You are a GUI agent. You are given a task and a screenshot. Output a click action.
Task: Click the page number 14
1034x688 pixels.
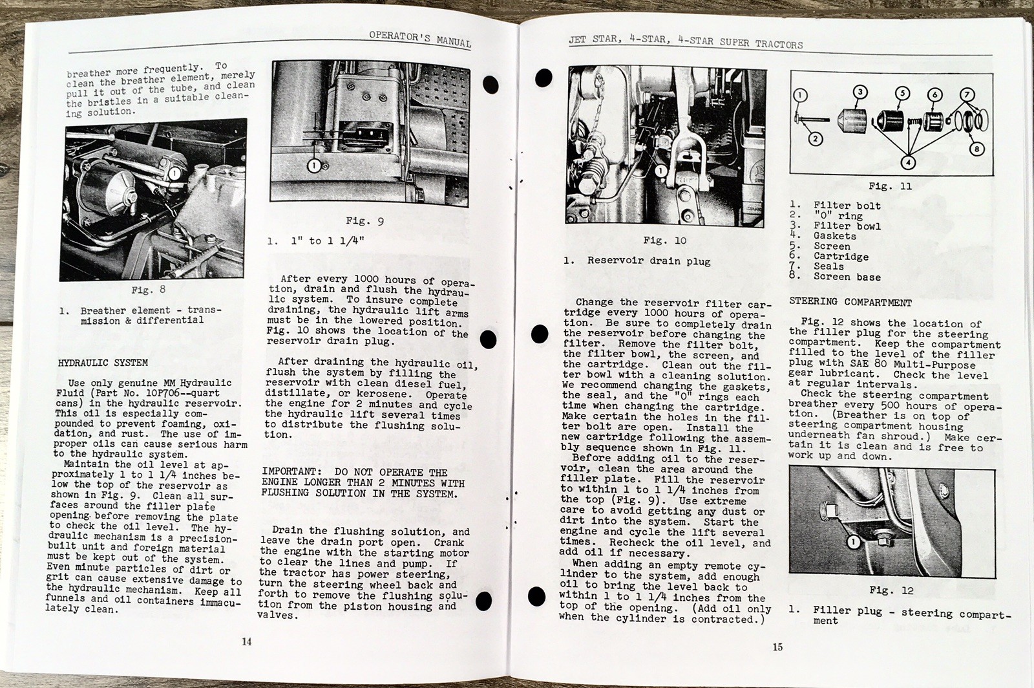[246, 642]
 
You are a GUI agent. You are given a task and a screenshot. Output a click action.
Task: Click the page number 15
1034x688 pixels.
[778, 647]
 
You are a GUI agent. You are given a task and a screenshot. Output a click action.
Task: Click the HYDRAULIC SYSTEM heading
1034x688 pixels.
[103, 363]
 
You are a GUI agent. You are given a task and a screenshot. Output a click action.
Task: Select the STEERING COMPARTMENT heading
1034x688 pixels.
[850, 302]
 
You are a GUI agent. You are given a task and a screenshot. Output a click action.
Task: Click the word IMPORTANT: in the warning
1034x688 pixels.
[289, 472]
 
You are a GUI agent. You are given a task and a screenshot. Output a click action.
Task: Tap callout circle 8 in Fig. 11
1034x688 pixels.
[976, 149]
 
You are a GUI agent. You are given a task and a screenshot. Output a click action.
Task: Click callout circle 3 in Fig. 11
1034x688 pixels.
[860, 92]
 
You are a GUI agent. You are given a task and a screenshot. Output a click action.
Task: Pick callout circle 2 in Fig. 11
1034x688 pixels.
[816, 138]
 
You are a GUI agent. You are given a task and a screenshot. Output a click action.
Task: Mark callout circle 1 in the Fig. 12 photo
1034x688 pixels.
[853, 542]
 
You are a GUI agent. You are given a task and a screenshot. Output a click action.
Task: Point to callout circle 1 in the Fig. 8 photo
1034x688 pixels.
[174, 173]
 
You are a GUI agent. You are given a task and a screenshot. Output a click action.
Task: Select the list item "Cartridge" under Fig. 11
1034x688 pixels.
[841, 257]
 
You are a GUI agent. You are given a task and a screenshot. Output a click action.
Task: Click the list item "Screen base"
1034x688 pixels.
[847, 277]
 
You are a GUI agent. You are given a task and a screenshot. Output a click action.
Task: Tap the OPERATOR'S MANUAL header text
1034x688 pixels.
[420, 38]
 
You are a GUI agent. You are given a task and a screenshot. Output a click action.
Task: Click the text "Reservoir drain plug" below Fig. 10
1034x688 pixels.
[648, 261]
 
